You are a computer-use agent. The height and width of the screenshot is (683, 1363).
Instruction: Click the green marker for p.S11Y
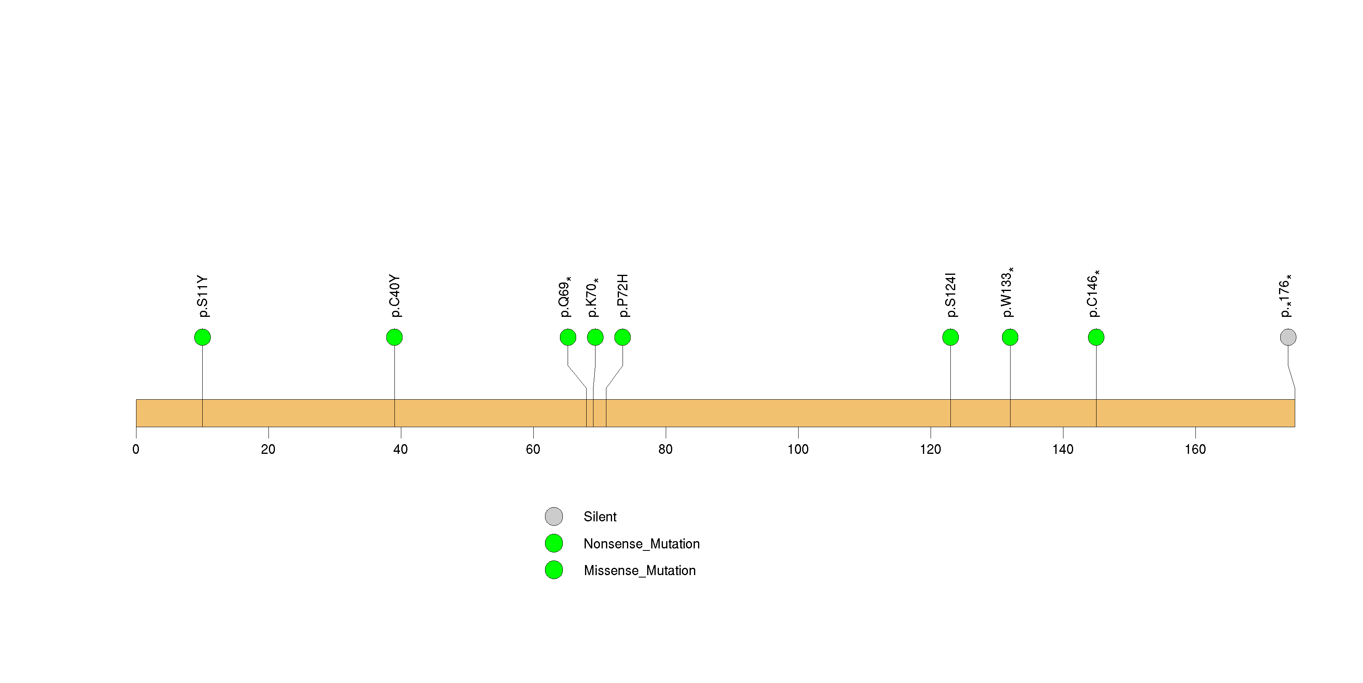202,337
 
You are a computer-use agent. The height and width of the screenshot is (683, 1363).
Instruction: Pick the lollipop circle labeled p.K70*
595,337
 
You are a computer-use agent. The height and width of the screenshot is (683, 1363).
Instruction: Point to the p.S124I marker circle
950,337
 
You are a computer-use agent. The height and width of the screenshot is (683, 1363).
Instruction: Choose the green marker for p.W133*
1010,337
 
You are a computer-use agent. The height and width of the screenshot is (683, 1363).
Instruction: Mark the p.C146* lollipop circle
1096,337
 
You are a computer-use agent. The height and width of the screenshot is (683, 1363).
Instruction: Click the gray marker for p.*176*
1288,337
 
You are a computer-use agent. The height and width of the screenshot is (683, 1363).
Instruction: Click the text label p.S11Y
203,296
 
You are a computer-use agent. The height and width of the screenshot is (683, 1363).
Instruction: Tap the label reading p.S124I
951,295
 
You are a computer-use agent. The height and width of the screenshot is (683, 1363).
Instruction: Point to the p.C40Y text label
395,295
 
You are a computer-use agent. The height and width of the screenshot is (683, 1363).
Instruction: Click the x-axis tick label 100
798,449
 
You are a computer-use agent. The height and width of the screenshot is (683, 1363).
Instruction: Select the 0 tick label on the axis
136,449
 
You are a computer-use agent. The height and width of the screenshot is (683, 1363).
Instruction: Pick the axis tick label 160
1195,449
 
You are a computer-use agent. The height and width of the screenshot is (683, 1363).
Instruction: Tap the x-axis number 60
533,449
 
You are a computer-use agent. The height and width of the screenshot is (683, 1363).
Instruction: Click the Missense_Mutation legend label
640,570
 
